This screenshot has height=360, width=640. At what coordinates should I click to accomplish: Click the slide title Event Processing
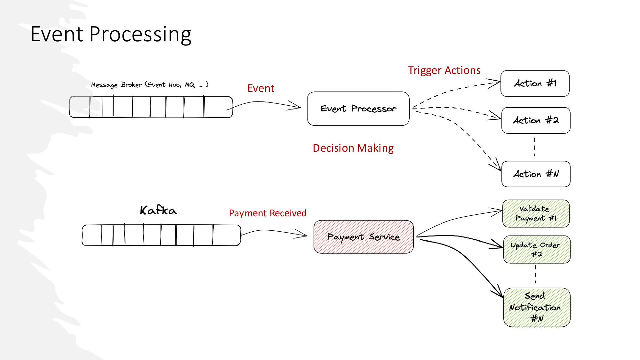tap(111, 34)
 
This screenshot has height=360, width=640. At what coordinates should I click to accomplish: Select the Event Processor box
tap(358, 109)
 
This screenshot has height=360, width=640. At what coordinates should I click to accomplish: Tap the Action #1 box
tap(535, 83)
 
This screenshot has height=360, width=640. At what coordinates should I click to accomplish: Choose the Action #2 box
tap(536, 120)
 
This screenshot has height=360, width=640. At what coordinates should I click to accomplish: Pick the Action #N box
tap(536, 174)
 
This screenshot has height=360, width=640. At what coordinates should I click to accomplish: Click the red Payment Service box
tap(363, 237)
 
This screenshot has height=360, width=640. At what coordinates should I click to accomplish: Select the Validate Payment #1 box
tap(536, 214)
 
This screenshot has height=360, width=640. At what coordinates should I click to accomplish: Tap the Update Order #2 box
tap(537, 250)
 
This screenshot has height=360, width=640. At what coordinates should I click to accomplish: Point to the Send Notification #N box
tap(537, 307)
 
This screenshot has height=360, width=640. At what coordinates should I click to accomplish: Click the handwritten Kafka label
tap(158, 210)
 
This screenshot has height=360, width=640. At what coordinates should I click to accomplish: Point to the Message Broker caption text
tap(150, 85)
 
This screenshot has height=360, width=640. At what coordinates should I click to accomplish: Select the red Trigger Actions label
tap(444, 70)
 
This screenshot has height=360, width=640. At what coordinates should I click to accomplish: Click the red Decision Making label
tap(353, 148)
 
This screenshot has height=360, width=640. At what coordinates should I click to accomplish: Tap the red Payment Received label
tap(267, 213)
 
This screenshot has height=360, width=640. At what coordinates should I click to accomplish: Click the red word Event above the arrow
tap(261, 88)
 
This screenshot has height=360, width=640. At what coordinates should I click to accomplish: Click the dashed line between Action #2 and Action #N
tap(535, 147)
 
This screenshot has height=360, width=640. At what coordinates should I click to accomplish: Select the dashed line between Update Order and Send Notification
tap(536, 274)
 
